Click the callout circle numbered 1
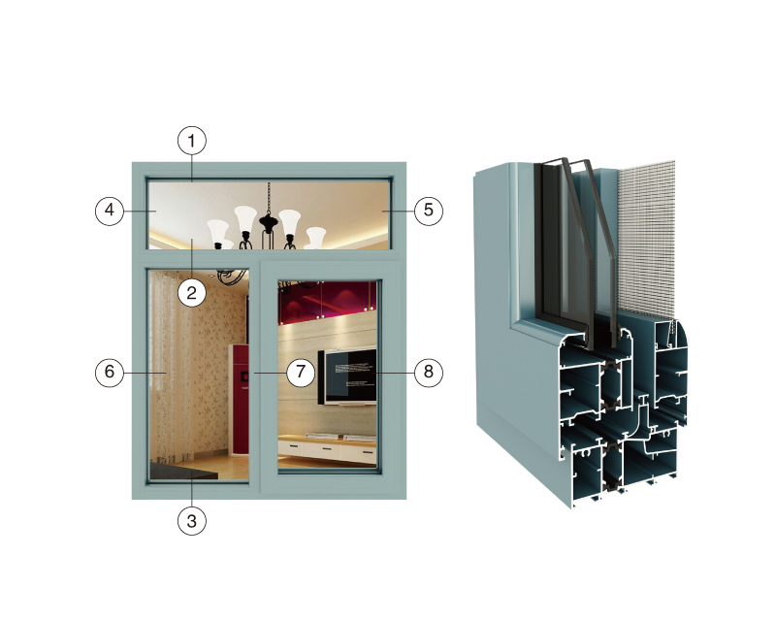pos(192,141)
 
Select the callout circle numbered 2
pos(192,293)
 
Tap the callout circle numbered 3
pos(192,521)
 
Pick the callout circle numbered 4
pos(110,211)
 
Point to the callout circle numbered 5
pos(429,211)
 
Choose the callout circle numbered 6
pos(110,372)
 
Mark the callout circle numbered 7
pos(301,372)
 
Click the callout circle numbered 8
pos(429,372)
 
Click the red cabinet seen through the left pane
pos(239,399)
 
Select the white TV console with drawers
pos(327,449)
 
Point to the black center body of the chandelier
pos(269,223)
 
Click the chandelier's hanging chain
pos(269,198)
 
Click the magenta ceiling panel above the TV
pos(327,301)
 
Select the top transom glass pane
pos(270,214)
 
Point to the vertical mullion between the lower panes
pos(255,376)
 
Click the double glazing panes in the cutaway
pos(577,247)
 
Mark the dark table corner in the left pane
pos(183,471)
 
